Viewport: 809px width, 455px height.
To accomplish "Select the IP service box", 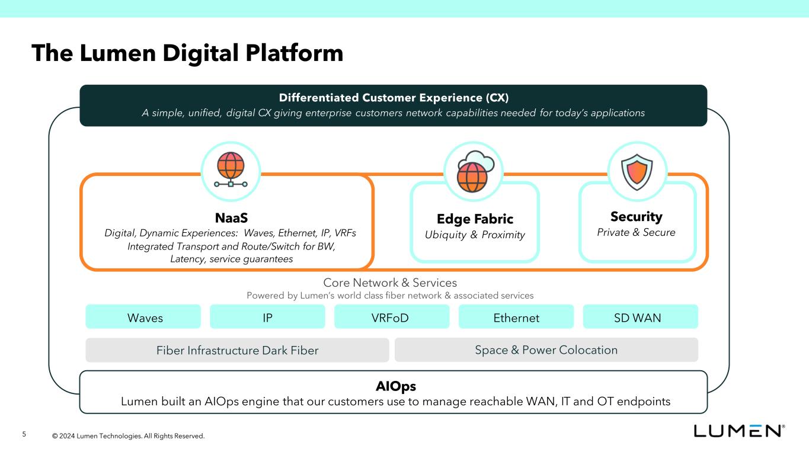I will pyautogui.click(x=267, y=317).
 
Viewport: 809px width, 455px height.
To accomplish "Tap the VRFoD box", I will pyautogui.click(x=392, y=317).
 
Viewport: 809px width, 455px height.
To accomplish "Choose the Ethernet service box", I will pyautogui.click(x=516, y=317).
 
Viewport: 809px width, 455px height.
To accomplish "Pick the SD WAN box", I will pyautogui.click(x=640, y=317).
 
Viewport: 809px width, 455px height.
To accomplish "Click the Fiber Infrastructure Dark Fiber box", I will pyautogui.click(x=237, y=350).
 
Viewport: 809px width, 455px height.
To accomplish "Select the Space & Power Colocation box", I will pyautogui.click(x=546, y=350).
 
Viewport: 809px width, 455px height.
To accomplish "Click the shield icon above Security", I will pyautogui.click(x=637, y=171).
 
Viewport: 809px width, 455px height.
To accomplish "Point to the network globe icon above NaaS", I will pyautogui.click(x=231, y=171).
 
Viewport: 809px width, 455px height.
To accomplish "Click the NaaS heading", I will pyautogui.click(x=231, y=217).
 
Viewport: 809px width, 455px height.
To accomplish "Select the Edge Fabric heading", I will pyautogui.click(x=475, y=219).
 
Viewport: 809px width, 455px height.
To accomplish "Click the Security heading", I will pyautogui.click(x=636, y=216).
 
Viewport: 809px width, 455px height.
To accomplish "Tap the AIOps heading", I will pyautogui.click(x=396, y=386).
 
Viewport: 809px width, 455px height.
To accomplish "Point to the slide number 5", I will pyautogui.click(x=24, y=435).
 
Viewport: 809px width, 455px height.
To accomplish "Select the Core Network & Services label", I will pyautogui.click(x=390, y=283).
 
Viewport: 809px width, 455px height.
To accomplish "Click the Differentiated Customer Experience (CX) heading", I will pyautogui.click(x=394, y=98).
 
